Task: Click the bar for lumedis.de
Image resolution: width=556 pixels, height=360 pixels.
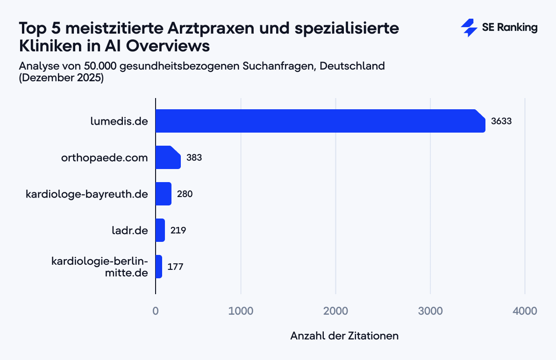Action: pos(320,121)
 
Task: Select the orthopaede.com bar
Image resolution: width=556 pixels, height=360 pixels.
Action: pos(168,157)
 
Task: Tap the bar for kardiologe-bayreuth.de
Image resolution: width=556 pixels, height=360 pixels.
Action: pos(163,194)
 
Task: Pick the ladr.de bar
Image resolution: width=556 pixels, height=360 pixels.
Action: pos(160,230)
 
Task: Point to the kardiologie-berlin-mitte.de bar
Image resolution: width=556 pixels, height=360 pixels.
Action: pos(158,267)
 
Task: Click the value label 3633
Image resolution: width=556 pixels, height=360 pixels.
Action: pos(501,121)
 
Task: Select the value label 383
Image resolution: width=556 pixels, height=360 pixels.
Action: pos(194,158)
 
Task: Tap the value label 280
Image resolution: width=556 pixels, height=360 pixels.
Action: pos(185,194)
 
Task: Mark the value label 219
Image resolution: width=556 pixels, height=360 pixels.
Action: pos(178,231)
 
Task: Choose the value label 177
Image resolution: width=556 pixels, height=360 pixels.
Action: pos(175,267)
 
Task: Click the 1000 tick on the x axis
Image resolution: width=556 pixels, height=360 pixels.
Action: pos(241,311)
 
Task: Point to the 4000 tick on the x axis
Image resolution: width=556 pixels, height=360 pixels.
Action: pos(525,311)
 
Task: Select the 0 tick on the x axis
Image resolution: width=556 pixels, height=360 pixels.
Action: pos(156,311)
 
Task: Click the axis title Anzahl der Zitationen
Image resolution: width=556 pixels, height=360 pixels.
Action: pos(344,336)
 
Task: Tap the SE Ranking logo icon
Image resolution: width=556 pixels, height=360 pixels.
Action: pos(469,28)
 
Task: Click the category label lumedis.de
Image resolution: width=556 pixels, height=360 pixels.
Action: pos(119,121)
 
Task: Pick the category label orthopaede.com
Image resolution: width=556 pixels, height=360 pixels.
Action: pos(104,158)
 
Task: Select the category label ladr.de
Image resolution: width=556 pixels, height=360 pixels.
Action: pos(129,231)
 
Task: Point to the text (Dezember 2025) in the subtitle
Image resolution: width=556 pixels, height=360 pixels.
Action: pos(61,78)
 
